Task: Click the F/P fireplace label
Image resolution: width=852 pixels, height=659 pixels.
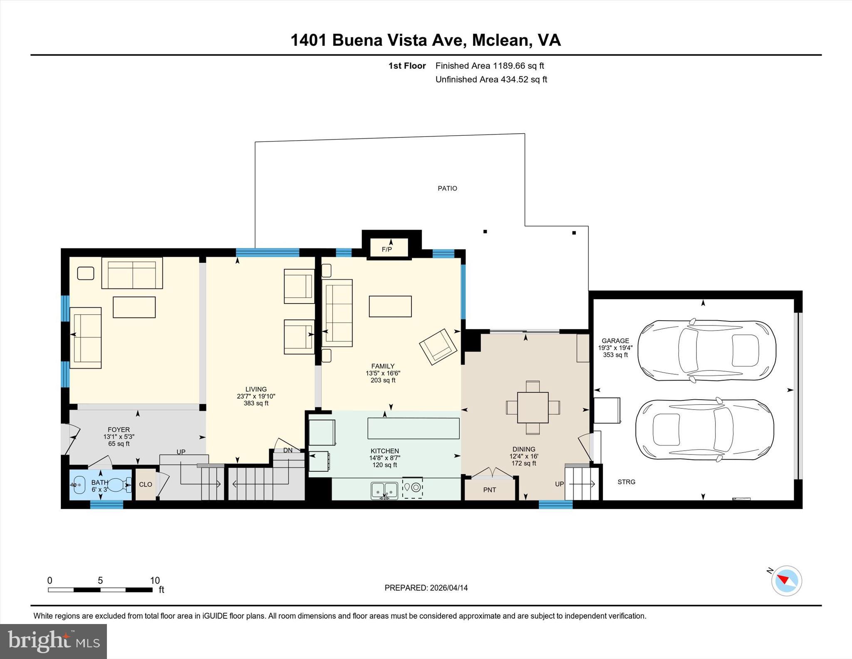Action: [386, 250]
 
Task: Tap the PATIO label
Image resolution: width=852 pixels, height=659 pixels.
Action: [447, 189]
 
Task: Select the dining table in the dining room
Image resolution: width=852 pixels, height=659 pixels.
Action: [532, 408]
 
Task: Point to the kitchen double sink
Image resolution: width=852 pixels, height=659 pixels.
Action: [384, 490]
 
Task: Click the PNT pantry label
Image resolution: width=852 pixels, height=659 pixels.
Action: [490, 490]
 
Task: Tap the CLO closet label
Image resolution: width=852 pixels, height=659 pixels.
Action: [145, 485]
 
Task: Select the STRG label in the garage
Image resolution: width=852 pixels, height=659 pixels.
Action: [626, 482]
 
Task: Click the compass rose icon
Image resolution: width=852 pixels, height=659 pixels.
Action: [786, 581]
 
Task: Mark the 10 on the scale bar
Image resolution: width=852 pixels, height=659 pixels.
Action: [155, 581]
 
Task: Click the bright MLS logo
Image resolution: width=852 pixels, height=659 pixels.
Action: [53, 641]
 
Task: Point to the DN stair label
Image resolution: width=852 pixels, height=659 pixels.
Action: [288, 450]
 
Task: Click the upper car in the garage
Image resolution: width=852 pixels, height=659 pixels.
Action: [706, 351]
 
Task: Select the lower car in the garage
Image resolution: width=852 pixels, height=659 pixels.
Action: [705, 430]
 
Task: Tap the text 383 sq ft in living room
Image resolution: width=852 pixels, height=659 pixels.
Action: [256, 403]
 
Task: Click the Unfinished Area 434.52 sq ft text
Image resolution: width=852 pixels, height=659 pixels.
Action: [491, 80]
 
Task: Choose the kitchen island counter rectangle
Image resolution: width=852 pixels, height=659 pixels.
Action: [413, 428]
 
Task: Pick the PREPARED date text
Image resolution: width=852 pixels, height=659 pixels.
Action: [426, 588]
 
